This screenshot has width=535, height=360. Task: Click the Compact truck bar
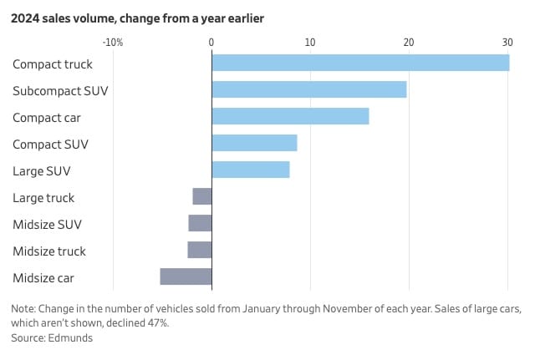click(360, 63)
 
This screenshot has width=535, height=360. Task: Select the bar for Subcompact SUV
click(309, 89)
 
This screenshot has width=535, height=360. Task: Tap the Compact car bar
click(290, 116)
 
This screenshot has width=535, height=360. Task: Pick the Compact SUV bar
click(254, 143)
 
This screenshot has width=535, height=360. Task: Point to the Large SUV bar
click(251, 170)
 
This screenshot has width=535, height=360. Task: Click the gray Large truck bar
click(202, 196)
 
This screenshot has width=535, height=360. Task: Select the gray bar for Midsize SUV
click(201, 223)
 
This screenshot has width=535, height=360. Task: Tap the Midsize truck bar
click(200, 250)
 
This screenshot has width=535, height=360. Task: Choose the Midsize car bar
click(186, 276)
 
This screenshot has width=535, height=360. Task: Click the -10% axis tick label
click(113, 43)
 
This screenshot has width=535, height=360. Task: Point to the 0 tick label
click(211, 43)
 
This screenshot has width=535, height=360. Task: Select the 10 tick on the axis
click(310, 43)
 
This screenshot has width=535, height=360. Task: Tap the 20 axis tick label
click(409, 43)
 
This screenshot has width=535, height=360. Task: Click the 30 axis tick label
click(507, 43)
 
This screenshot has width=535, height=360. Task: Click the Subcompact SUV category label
click(60, 91)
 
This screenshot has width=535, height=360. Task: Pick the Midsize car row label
click(43, 278)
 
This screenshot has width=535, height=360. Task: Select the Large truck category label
click(43, 198)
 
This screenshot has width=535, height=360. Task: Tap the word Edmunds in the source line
click(70, 337)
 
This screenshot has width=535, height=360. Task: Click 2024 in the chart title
click(25, 18)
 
